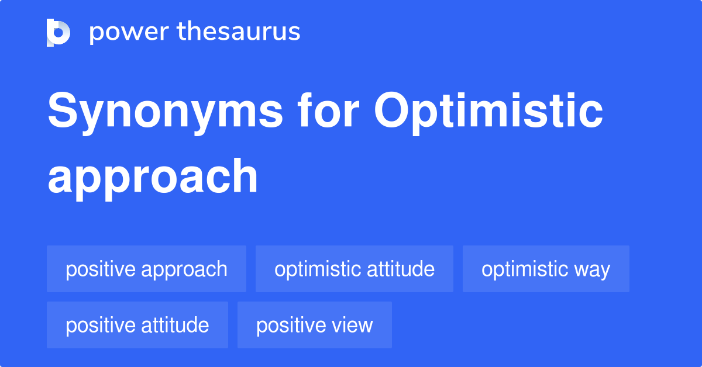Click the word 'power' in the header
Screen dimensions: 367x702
pos(128,32)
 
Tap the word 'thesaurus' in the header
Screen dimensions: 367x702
pos(239,32)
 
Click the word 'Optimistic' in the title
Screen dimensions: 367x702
pos(489,112)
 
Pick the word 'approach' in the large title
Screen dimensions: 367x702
pos(153,176)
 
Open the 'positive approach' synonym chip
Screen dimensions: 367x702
pos(146,269)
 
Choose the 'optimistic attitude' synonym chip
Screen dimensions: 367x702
pos(355,269)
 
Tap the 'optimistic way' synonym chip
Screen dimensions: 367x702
pos(546,269)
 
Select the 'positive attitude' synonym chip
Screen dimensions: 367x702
pos(137,325)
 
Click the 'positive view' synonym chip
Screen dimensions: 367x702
pos(315,325)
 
